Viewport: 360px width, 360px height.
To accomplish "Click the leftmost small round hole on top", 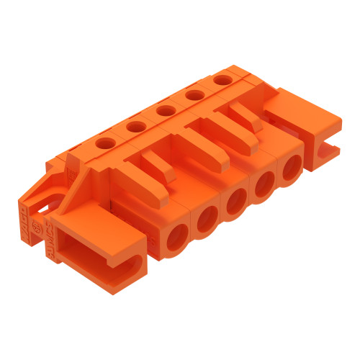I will click(104, 143).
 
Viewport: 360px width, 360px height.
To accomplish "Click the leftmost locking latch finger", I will click(160, 166).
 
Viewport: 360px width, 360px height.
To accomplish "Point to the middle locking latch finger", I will click(202, 144).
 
